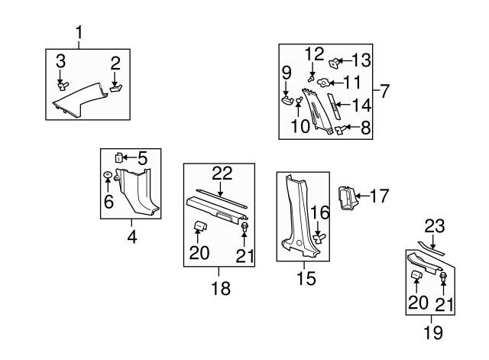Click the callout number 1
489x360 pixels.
[x=79, y=32]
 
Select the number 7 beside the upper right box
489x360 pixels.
[x=385, y=91]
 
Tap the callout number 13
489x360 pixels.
[x=361, y=60]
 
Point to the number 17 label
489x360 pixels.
[x=379, y=196]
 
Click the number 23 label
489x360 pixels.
[x=435, y=226]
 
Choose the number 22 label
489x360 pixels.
[x=222, y=174]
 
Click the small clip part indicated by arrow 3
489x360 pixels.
[x=63, y=86]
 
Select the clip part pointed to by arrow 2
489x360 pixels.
[x=116, y=89]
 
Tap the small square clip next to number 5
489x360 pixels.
[x=118, y=158]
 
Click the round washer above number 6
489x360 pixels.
[x=108, y=175]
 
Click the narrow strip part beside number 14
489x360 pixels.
[x=334, y=105]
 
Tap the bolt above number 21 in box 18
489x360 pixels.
[x=244, y=228]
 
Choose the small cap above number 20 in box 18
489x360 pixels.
[x=200, y=225]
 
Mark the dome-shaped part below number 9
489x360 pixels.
[x=287, y=100]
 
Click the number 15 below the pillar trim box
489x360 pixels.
[x=306, y=278]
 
